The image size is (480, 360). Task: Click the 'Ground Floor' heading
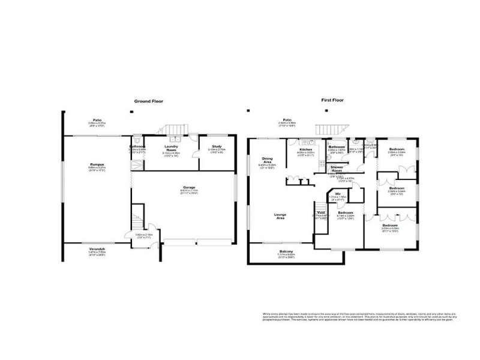click(x=148, y=101)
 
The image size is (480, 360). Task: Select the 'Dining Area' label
click(x=267, y=160)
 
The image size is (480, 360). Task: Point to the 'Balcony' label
click(x=286, y=251)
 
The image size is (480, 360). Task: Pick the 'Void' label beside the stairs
click(x=320, y=212)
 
